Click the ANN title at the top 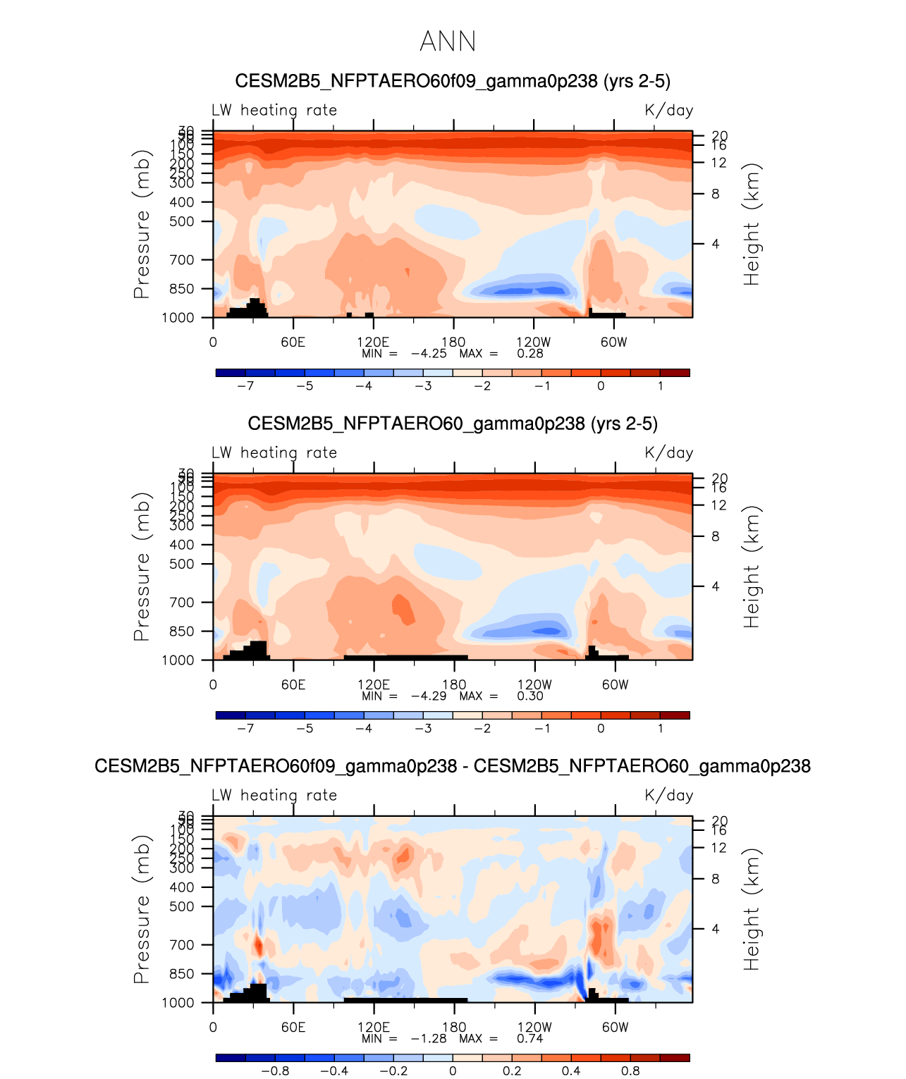(448, 42)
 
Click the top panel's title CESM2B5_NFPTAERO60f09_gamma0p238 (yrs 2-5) (453, 81)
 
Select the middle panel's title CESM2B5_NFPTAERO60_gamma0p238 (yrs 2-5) (453, 424)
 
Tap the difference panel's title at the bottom (453, 766)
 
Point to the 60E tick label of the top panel (293, 343)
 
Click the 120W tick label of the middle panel (534, 685)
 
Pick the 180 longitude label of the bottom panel (454, 1028)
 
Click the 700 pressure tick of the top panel (181, 260)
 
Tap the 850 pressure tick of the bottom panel (181, 974)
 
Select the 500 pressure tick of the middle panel (181, 565)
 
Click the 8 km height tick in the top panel (715, 194)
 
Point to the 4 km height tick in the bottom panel (715, 929)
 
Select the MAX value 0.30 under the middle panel (530, 696)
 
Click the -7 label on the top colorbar (245, 386)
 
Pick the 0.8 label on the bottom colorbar (630, 1071)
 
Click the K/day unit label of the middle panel (669, 453)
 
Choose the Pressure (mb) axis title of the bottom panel (142, 909)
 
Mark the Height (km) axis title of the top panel (752, 224)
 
